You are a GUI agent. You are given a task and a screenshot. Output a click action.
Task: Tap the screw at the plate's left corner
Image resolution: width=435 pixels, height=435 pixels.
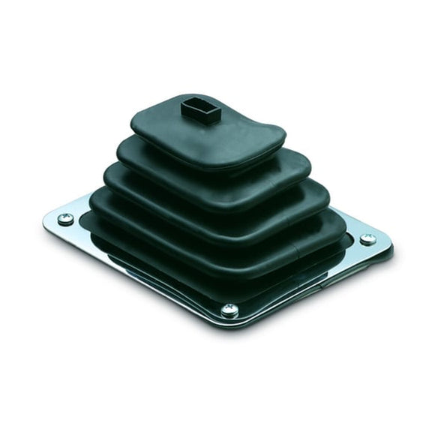pos(66,219)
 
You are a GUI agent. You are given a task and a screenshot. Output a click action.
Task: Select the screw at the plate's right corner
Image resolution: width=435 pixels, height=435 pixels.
pos(367,240)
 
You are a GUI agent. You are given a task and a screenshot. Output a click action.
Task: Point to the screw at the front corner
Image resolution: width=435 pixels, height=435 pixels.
pos(229,310)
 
